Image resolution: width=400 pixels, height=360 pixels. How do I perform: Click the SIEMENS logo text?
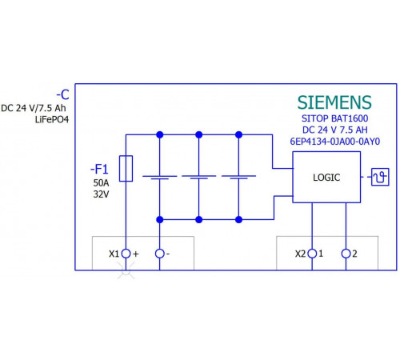[334, 102]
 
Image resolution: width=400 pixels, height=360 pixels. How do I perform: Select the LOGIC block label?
[326, 178]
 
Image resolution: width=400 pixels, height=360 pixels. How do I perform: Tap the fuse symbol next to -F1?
[126, 169]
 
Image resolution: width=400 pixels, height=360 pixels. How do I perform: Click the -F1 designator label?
[99, 170]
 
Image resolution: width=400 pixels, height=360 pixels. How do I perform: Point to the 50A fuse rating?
[101, 183]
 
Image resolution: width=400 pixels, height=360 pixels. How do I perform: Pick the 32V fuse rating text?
[101, 194]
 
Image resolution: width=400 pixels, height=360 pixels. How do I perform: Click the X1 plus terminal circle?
[126, 254]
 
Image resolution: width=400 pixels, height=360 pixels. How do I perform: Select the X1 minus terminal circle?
[160, 254]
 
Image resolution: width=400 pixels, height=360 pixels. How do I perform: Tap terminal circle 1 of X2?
[312, 254]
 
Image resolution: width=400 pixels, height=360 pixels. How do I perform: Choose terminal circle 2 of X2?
[346, 254]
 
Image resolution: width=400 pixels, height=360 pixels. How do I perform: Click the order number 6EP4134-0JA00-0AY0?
[335, 142]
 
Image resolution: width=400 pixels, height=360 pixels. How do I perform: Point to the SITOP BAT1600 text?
[335, 118]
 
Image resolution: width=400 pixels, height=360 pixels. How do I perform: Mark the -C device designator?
[63, 94]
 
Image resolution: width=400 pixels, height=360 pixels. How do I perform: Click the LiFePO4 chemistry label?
[52, 119]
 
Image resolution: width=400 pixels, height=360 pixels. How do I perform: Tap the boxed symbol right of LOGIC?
[380, 177]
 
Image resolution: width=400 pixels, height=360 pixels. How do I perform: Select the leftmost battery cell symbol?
[160, 178]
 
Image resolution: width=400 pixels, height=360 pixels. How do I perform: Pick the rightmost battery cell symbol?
[238, 178]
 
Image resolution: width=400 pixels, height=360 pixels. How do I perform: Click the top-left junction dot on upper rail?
[160, 134]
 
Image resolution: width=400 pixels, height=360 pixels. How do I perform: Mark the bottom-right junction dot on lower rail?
[238, 219]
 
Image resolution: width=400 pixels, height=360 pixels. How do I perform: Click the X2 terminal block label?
[300, 254]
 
